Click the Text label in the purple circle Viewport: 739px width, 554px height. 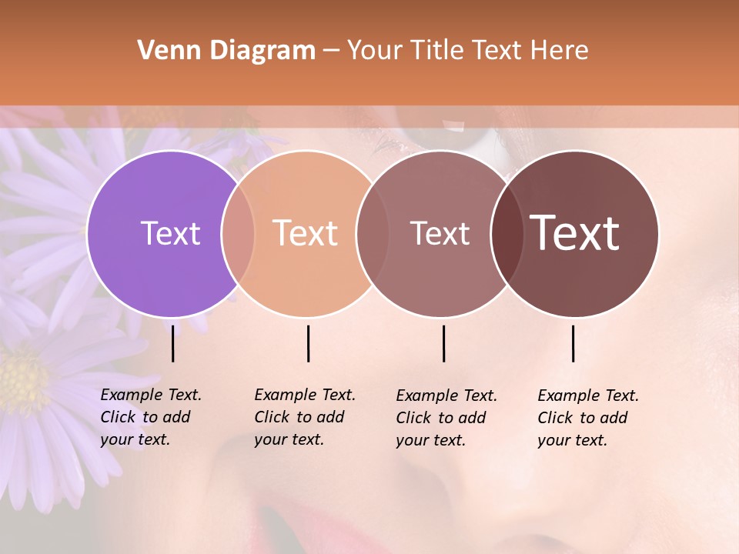(x=170, y=233)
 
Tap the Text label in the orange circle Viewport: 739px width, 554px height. (x=306, y=233)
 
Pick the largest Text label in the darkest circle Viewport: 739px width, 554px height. (x=575, y=233)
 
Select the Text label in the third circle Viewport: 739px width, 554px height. (x=440, y=233)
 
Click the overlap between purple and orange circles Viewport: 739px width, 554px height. (x=238, y=233)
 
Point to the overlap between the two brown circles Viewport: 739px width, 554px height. (x=506, y=233)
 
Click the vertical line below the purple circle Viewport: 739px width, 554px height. (x=173, y=343)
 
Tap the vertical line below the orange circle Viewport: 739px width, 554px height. (x=309, y=343)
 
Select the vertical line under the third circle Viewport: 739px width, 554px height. (x=444, y=343)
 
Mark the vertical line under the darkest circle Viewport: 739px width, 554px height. (x=573, y=343)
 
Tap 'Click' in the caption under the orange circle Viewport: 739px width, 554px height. (x=272, y=418)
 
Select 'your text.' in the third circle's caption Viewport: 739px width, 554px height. (x=431, y=441)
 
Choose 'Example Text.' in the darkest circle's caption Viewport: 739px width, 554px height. (x=588, y=396)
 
